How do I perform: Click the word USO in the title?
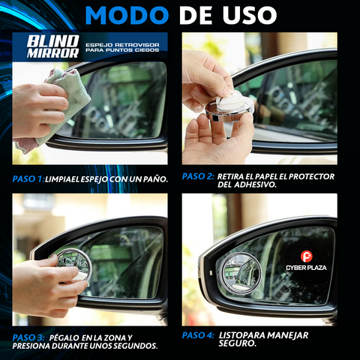pos(247,14)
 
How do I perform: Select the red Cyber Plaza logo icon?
pos(306,256)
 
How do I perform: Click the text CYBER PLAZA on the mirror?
pos(306,267)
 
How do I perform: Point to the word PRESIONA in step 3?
pos(35,346)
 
